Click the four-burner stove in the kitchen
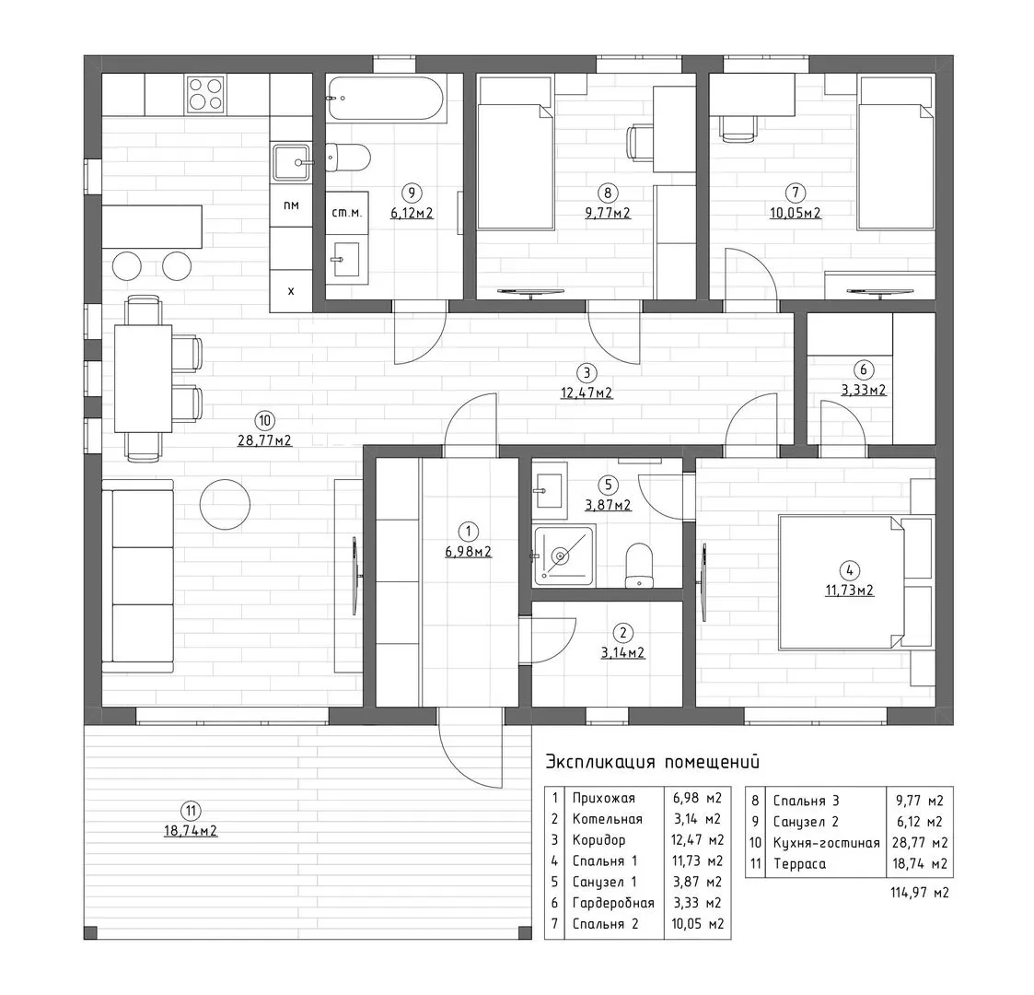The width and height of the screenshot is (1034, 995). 205,94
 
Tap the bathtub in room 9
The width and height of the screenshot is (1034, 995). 387,99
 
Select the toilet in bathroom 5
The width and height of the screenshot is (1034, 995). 638,565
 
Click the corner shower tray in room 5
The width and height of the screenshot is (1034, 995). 564,556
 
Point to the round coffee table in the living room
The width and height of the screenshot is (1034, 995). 225,504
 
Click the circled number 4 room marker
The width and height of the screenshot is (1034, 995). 849,570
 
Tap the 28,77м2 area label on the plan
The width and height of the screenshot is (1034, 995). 264,440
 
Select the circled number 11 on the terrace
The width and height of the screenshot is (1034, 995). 191,811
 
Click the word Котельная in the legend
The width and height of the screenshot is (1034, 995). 607,819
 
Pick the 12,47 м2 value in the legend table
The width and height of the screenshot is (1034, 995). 698,840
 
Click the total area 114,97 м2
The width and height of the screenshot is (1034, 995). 919,893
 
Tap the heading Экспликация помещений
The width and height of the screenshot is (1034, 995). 652,762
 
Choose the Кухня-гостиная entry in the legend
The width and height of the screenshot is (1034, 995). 826,843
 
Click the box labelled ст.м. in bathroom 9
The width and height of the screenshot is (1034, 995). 347,213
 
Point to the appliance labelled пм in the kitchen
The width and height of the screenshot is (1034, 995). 291,205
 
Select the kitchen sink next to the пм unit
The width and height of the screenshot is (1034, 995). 292,161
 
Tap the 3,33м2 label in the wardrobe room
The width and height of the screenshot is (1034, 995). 864,390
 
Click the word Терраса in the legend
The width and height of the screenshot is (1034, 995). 799,863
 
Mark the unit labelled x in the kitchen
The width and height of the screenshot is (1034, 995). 291,290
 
